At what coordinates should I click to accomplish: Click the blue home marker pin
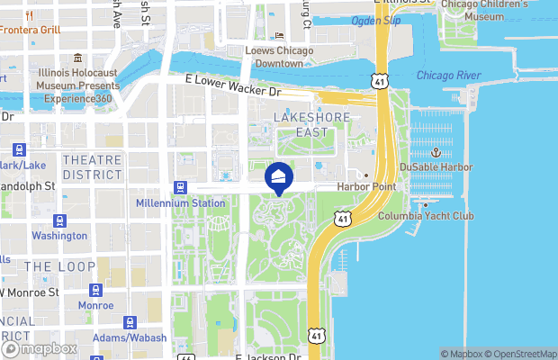280,177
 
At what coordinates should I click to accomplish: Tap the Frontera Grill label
31,30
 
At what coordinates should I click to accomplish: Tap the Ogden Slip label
376,20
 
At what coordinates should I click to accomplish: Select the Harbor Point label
366,186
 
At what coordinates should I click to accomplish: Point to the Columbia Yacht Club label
426,216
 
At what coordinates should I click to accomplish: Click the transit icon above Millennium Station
180,187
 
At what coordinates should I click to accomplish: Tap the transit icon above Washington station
59,220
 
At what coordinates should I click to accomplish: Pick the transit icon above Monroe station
95,290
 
